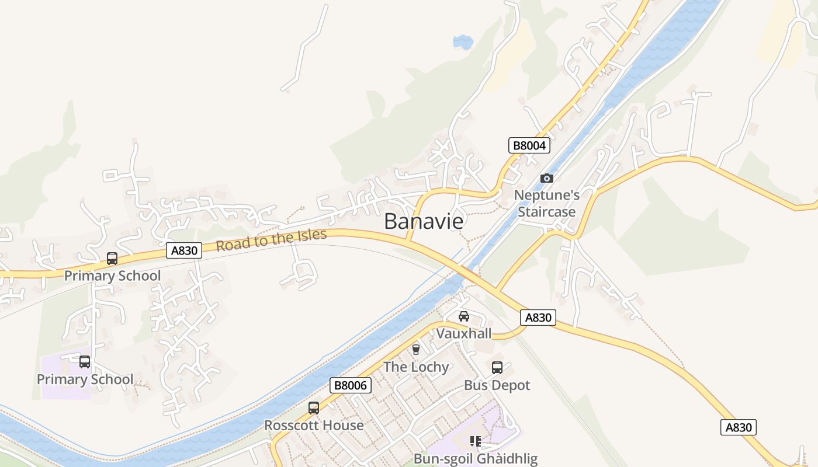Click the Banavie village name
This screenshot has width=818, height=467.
(x=424, y=222)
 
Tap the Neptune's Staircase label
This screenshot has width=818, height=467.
(x=547, y=203)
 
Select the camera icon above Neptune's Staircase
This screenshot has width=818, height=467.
(x=547, y=178)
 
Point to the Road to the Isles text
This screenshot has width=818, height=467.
(x=271, y=240)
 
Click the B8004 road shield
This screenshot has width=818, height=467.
(x=529, y=145)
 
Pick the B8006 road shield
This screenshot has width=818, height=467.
(x=351, y=385)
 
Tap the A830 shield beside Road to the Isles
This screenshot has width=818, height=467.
(x=184, y=250)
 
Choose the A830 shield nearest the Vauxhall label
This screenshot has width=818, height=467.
(x=538, y=318)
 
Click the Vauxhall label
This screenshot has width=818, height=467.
(x=464, y=333)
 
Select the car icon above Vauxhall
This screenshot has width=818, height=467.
(x=464, y=316)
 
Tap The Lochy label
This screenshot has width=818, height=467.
(x=416, y=367)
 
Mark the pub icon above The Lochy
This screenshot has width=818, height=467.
(x=416, y=350)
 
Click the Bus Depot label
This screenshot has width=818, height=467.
(x=497, y=385)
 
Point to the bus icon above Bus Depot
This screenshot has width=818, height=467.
(x=497, y=368)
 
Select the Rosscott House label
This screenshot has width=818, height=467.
(x=314, y=426)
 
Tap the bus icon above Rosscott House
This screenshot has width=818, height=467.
(x=314, y=408)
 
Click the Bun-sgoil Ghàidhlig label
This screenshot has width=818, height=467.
(x=476, y=458)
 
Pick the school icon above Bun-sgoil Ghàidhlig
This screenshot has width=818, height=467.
(x=476, y=441)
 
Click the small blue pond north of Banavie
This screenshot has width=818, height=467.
(x=463, y=41)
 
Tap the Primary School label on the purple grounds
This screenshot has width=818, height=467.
(x=85, y=379)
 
